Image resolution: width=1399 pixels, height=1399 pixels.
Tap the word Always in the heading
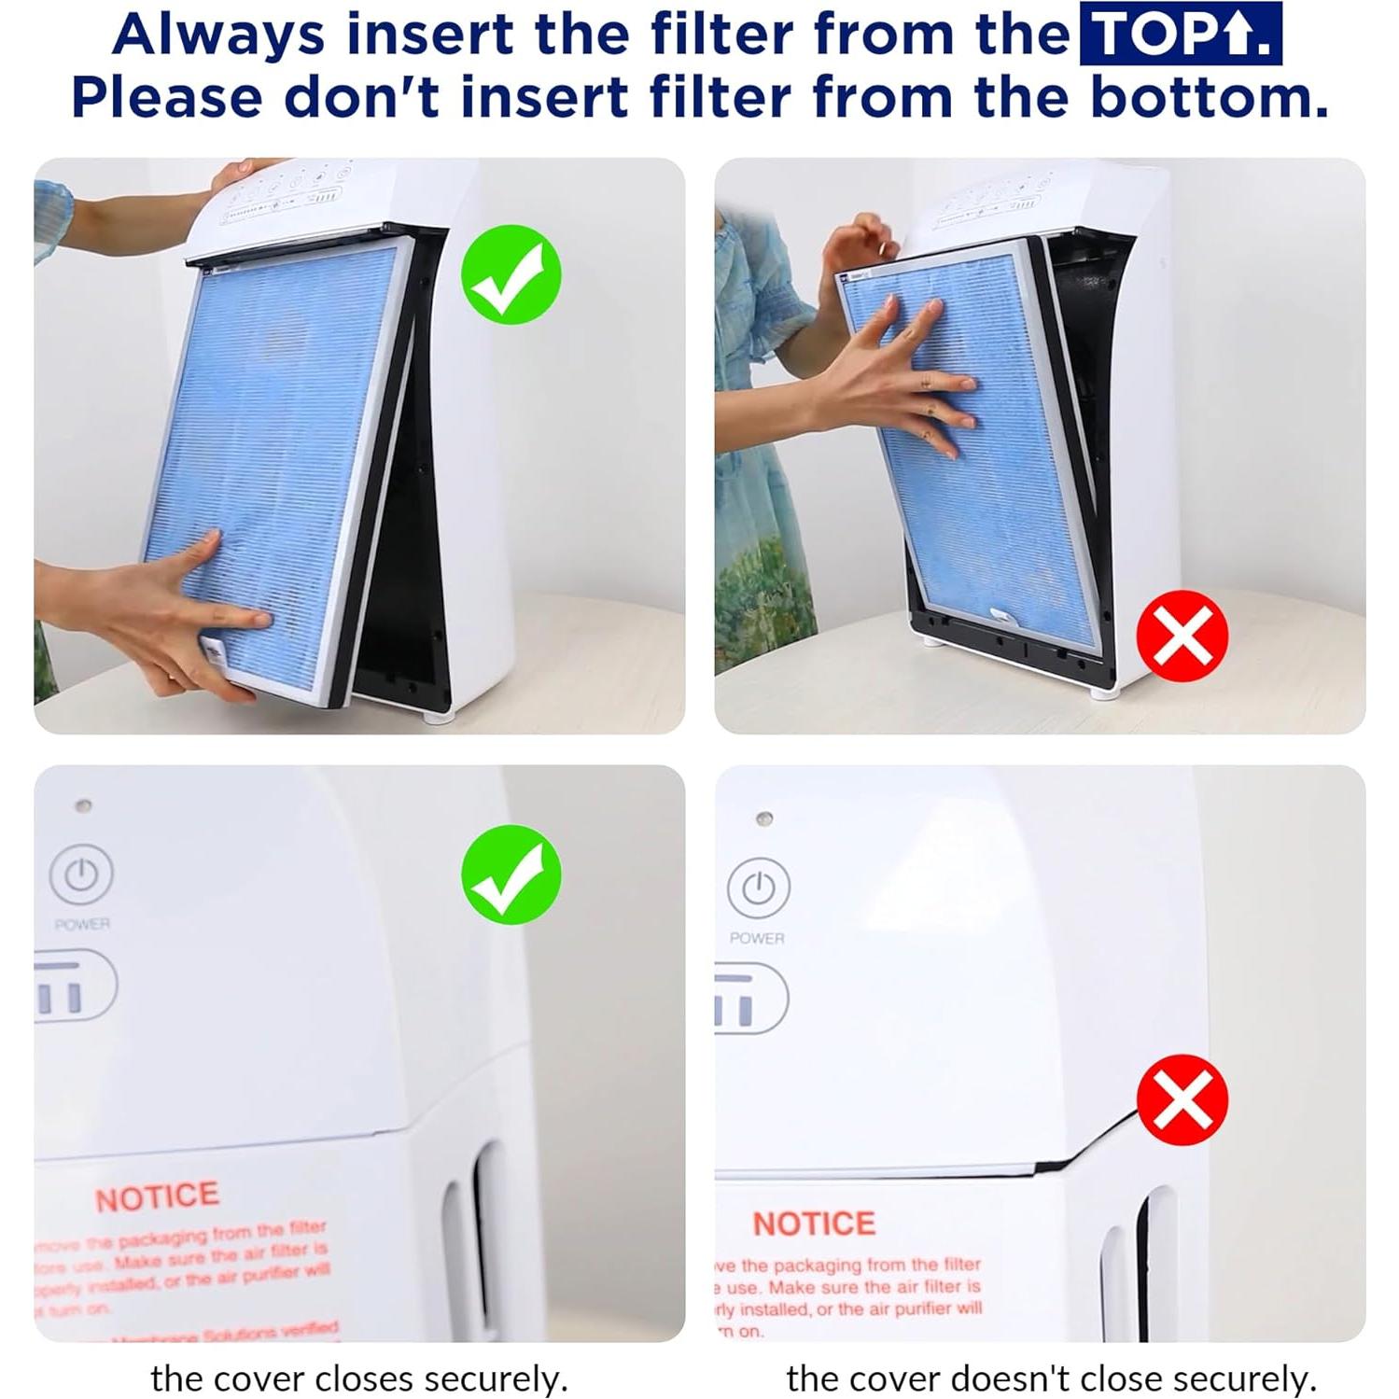218,35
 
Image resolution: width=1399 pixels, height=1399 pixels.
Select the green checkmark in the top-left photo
511,274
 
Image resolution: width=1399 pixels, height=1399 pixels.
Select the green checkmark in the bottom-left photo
511,874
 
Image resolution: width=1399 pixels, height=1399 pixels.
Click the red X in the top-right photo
1182,636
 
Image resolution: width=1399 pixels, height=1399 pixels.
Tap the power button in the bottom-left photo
81,874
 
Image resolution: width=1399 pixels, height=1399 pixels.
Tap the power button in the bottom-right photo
758,888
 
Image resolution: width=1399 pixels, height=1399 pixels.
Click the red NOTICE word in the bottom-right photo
814,1224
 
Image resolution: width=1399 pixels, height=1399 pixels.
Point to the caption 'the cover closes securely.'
358,1378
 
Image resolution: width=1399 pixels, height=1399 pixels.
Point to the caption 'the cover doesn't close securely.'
1051,1378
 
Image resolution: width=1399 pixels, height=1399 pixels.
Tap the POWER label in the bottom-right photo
757,938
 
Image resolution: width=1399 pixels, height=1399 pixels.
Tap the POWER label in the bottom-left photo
82,924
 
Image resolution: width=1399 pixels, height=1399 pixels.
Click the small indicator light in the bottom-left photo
83,804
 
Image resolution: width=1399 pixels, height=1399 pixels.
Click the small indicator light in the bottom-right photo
763,818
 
